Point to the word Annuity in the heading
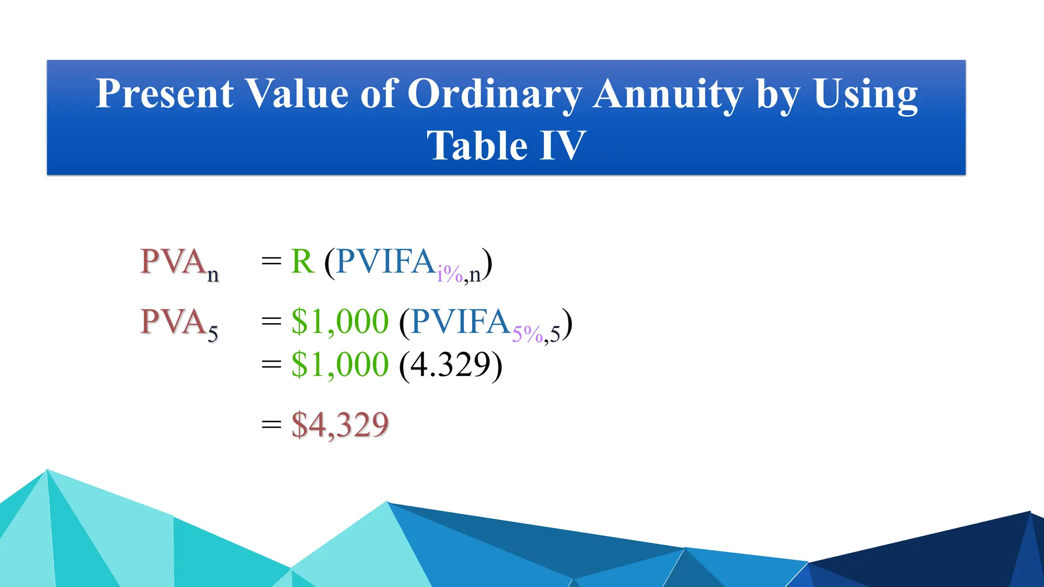[668, 95]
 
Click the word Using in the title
[865, 95]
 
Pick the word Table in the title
[477, 146]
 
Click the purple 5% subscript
[527, 334]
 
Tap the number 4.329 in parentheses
[451, 365]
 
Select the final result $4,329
[340, 424]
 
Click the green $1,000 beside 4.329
[340, 365]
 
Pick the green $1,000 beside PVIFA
[340, 322]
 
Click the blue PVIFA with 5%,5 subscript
[460, 322]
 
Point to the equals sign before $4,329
[271, 424]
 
